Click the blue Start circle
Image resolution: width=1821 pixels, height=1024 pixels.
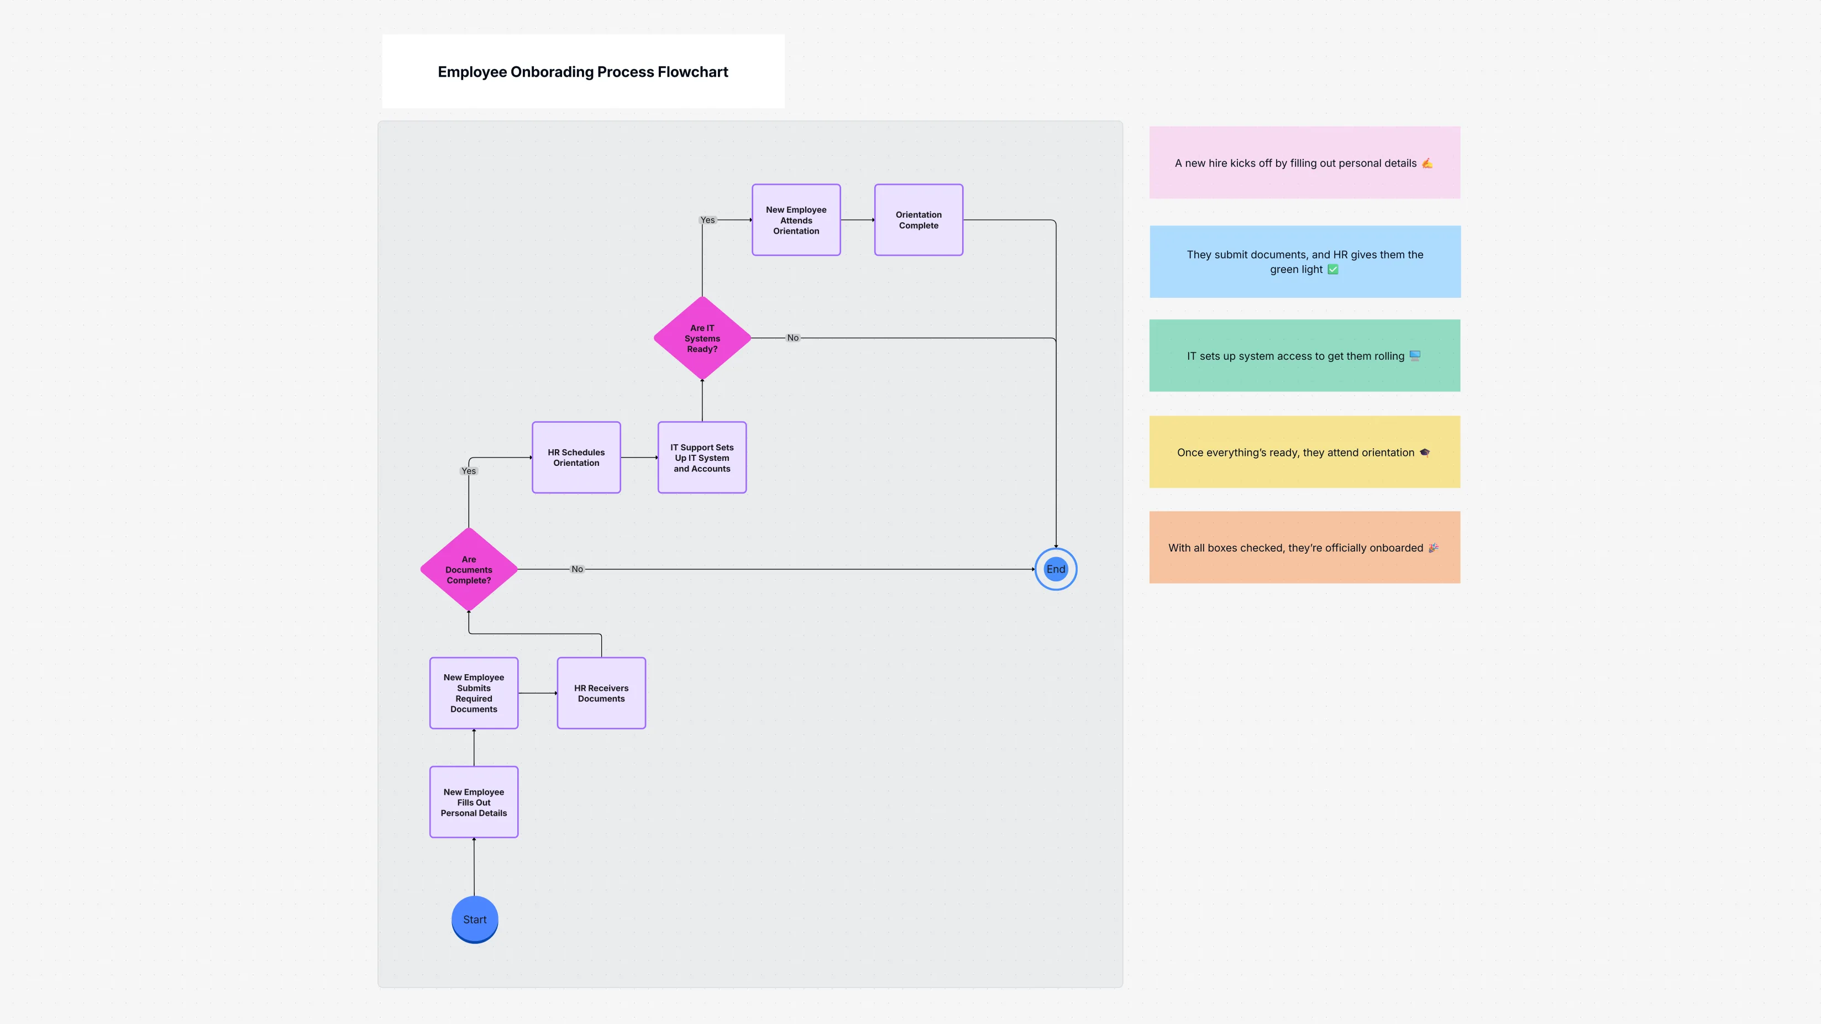(x=474, y=918)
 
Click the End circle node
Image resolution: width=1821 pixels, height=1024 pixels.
(x=1056, y=569)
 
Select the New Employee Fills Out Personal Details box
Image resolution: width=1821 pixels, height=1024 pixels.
(x=474, y=802)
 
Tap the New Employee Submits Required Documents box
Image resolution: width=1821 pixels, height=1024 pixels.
(x=474, y=692)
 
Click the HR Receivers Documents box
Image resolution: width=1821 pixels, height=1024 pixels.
(x=601, y=692)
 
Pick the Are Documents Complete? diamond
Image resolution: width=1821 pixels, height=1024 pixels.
(x=469, y=569)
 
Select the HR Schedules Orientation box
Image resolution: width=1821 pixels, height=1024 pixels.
(x=576, y=457)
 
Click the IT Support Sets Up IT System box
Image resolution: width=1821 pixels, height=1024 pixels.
(x=702, y=457)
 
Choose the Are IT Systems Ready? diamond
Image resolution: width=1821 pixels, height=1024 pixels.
(x=702, y=338)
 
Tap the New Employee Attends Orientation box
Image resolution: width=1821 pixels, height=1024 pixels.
(x=796, y=220)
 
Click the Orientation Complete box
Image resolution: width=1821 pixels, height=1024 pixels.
(x=919, y=220)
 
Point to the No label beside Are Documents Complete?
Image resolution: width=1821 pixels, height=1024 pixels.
(x=577, y=569)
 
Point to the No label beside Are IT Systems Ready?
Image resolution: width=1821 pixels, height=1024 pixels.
(x=793, y=338)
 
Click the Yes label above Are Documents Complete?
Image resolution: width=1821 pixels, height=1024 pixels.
(x=468, y=471)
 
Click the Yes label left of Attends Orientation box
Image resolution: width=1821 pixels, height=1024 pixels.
(x=707, y=220)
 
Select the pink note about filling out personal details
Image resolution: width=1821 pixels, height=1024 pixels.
(x=1304, y=162)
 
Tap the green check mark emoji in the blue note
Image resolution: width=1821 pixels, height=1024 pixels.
(x=1332, y=269)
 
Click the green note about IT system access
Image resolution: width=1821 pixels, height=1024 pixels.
(x=1304, y=355)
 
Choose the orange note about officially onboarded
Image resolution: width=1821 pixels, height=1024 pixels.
(x=1304, y=548)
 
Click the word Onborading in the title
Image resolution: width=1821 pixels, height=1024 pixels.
(x=552, y=72)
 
